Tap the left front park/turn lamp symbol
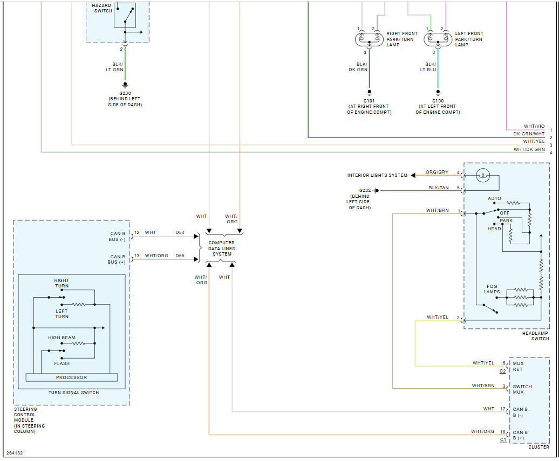tap(438, 39)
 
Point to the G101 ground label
tap(369, 100)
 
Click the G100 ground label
tap(438, 100)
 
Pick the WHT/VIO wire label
tap(534, 126)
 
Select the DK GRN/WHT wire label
tap(529, 134)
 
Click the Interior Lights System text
tap(377, 175)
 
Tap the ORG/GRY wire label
tap(437, 173)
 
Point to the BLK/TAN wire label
tap(439, 188)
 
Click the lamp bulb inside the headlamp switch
tap(483, 175)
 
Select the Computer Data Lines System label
tap(222, 248)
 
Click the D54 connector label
tap(180, 232)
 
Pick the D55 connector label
tap(180, 256)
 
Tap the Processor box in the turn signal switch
tap(71, 377)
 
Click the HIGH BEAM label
tap(62, 338)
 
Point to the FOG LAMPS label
tap(492, 290)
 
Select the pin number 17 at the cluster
tap(503, 409)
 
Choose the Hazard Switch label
tap(101, 8)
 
